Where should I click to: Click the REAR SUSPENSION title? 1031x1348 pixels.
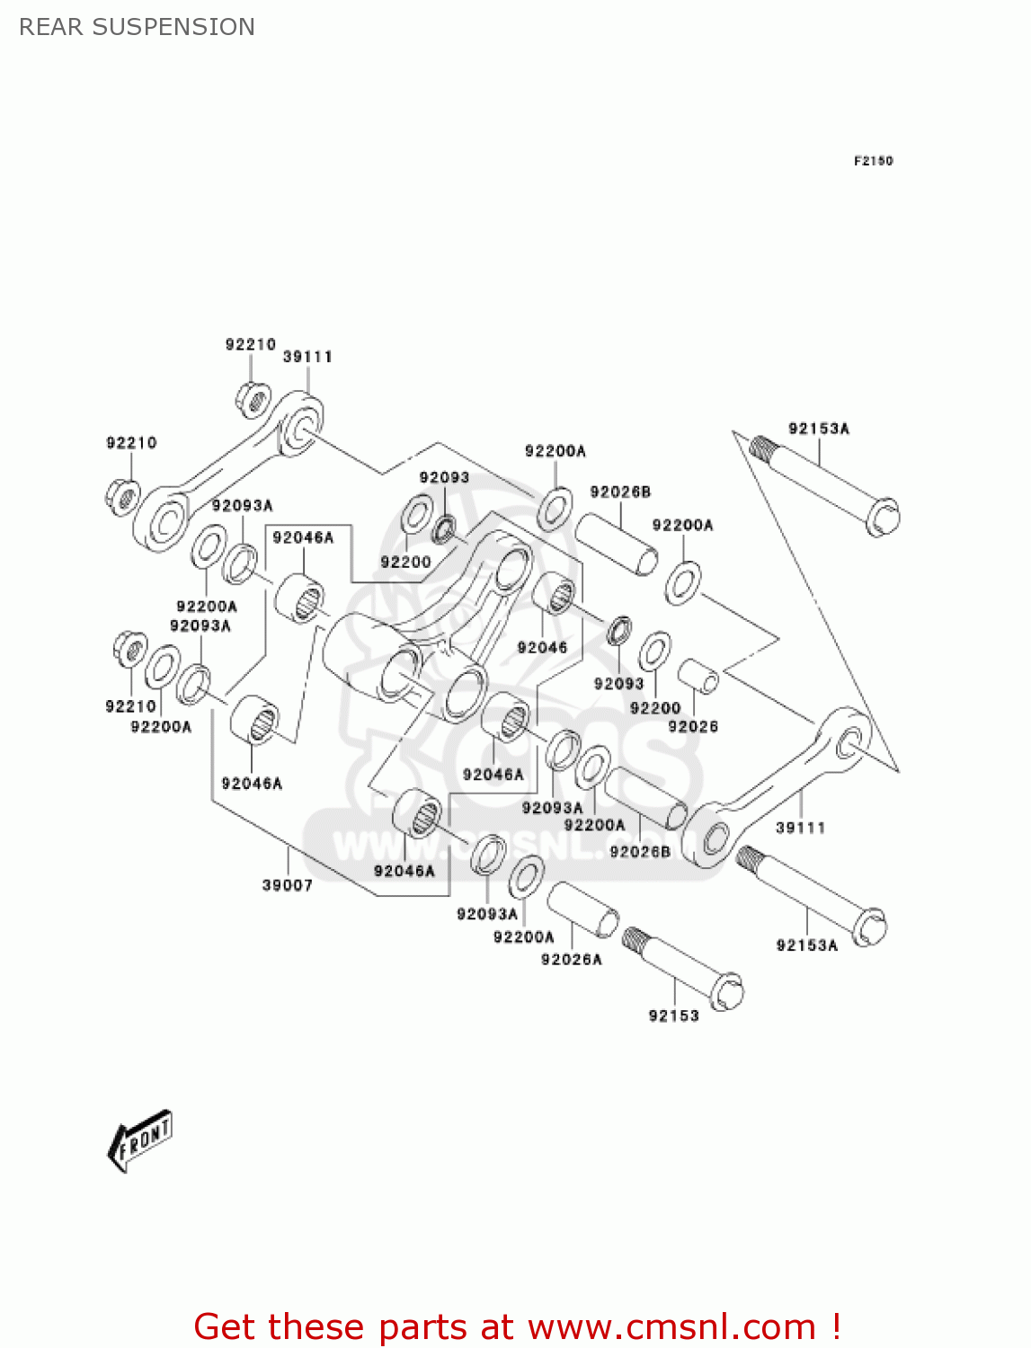[x=137, y=27]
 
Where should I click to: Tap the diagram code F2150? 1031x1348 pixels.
[x=873, y=161]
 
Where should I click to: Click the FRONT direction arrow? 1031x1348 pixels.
[x=140, y=1141]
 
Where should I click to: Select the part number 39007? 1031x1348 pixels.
[x=288, y=885]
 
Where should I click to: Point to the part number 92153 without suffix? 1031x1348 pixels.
[x=673, y=1015]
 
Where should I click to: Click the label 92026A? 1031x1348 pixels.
[x=571, y=959]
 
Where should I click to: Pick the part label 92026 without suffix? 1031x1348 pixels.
[x=693, y=726]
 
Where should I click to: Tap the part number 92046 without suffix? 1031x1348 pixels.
[x=542, y=647]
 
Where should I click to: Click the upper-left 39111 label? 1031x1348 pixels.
[x=307, y=357]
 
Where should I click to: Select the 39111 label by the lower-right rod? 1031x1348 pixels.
[x=800, y=828]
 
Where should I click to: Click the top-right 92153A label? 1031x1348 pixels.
[x=819, y=429]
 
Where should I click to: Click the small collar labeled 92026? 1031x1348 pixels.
[x=698, y=676]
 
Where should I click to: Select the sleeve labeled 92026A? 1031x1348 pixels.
[x=582, y=910]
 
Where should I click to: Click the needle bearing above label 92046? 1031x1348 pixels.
[x=553, y=593]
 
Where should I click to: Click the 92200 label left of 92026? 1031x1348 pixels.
[x=654, y=708]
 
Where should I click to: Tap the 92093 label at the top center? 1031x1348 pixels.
[x=444, y=477]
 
